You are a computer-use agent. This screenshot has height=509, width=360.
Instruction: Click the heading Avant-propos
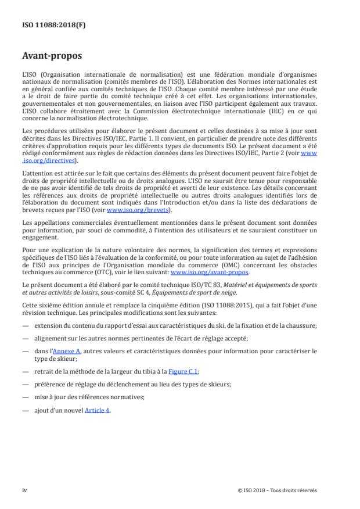53,56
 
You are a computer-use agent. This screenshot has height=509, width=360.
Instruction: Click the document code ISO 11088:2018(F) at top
47,25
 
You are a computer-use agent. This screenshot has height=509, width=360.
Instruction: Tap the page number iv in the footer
24,490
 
